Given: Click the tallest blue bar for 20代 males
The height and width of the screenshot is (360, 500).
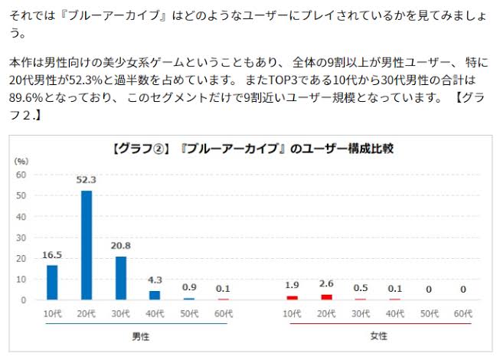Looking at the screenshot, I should (87, 245).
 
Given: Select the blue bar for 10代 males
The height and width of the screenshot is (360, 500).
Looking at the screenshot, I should (52, 282).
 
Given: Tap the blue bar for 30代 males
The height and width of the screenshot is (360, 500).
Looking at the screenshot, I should (121, 277).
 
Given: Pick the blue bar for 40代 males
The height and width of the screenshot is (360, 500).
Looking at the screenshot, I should (155, 295).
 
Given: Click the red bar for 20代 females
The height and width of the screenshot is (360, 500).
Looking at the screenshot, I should (327, 296).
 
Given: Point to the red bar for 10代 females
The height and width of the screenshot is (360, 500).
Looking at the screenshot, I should (292, 297).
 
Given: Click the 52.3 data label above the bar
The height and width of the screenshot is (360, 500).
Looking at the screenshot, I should (87, 180).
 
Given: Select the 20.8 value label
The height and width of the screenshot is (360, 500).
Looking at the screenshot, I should (121, 246).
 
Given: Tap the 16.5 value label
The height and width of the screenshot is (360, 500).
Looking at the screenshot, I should (52, 255).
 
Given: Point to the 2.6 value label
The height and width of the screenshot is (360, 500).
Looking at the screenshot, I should (327, 284).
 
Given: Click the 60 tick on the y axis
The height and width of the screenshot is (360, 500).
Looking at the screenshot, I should (21, 175).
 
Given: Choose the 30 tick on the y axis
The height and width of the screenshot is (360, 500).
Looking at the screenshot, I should (21, 237).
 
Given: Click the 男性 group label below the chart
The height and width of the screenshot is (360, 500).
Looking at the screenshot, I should (139, 337).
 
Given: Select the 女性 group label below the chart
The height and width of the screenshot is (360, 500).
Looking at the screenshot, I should (378, 337).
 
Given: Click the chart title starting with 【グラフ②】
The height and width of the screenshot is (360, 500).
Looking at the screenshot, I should (253, 147).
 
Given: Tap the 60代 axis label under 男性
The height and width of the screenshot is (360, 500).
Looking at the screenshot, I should (224, 313).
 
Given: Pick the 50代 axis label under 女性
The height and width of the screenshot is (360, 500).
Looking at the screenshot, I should (429, 313).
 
